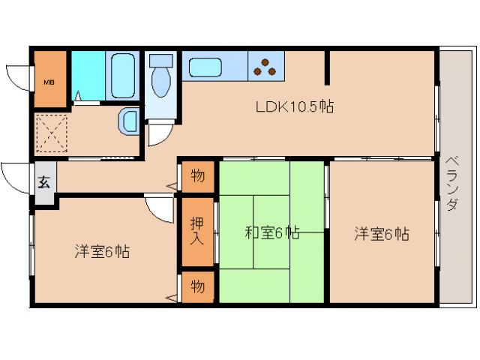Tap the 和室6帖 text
pyautogui.click(x=271, y=233)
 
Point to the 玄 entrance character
pyautogui.click(x=44, y=182)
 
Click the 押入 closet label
pyautogui.click(x=196, y=231)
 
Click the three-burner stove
pyautogui.click(x=263, y=67)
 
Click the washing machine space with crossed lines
pyautogui.click(x=52, y=133)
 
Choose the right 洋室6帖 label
pyautogui.click(x=382, y=233)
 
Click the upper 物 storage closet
pyautogui.click(x=197, y=176)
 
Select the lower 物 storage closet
pyautogui.click(x=197, y=286)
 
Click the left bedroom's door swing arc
pyautogui.click(x=159, y=208)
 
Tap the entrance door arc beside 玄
pyautogui.click(x=15, y=175)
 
